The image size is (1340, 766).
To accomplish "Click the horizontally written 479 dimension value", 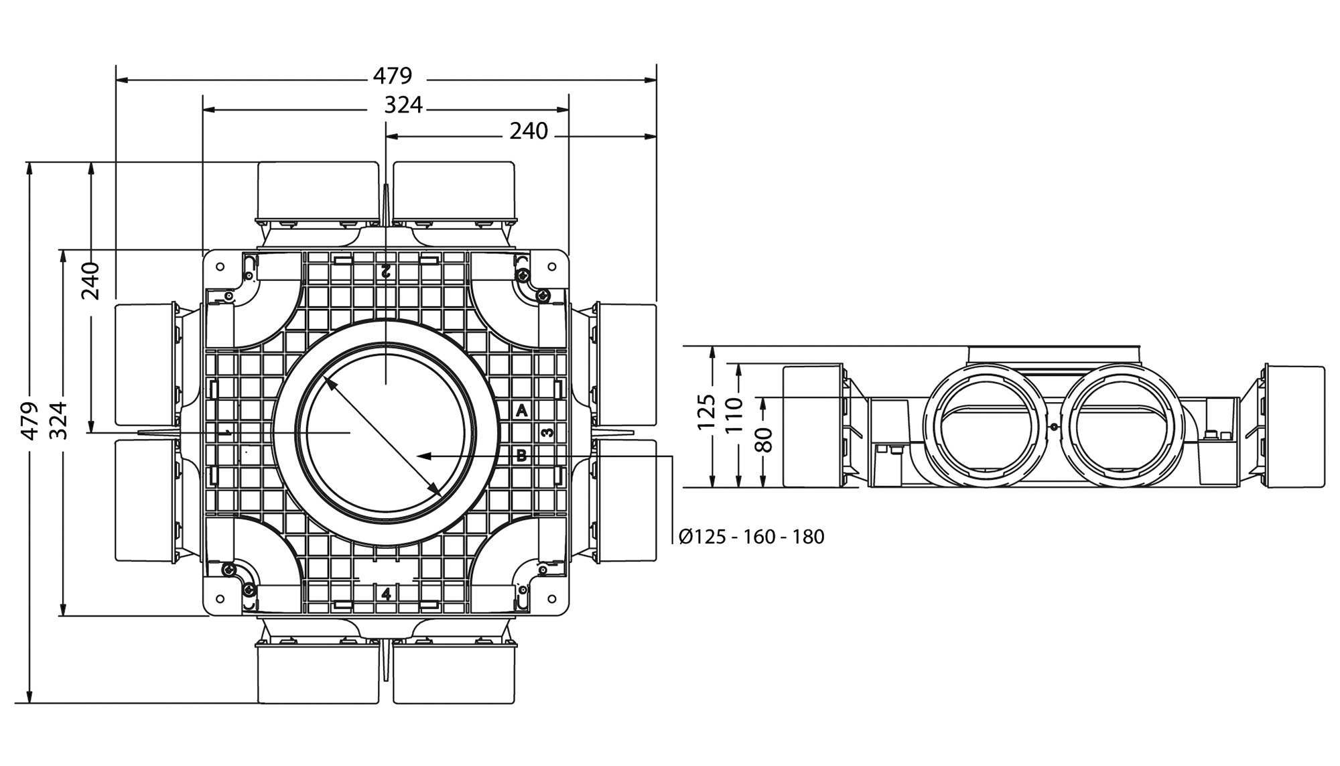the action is coord(392,76).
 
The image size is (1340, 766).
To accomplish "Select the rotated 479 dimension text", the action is coord(29,421).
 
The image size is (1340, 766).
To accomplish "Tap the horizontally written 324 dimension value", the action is coord(403,105).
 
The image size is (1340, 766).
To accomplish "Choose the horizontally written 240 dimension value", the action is coord(529,131).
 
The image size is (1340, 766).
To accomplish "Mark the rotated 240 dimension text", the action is coord(90,281).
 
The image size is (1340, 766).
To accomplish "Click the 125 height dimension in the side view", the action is coord(706,413).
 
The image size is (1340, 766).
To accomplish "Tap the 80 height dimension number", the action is coord(764,440).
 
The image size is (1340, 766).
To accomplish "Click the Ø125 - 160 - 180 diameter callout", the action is coord(751,537).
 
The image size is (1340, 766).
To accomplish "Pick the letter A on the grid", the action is coord(522,411).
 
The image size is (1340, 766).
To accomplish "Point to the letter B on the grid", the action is coord(522,456).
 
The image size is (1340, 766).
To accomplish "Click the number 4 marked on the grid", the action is coord(386,594).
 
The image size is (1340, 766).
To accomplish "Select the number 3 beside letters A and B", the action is coord(548,433).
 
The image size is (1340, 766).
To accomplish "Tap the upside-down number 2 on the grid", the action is coord(385,271).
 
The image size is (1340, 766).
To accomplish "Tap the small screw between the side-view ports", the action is coord(1053,427).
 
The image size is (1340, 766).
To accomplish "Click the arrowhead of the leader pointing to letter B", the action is coord(423,456).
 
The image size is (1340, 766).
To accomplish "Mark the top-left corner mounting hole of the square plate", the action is coord(219,266).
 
